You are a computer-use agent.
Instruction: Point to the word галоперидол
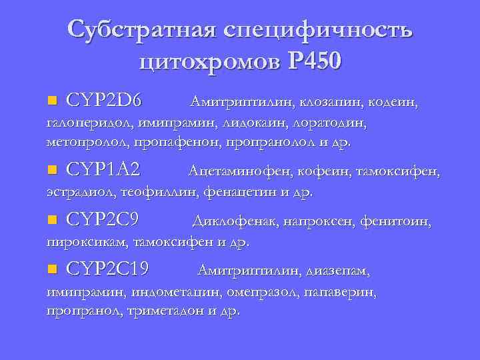pos(89,123)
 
